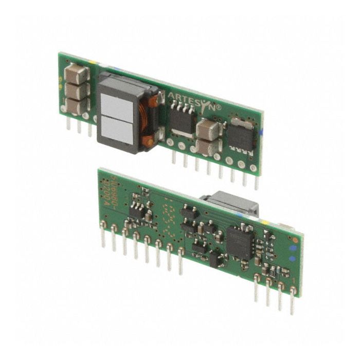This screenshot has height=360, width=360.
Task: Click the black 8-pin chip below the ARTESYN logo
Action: tap(181, 119)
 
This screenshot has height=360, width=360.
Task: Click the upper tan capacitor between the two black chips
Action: tap(208, 128)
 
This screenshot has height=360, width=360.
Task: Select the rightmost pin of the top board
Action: tap(256, 177)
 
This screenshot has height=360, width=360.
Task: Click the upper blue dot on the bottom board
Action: tap(292, 247)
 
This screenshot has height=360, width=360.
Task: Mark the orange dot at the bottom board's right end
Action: tap(295, 239)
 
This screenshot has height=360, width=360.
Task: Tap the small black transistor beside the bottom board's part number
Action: tap(137, 209)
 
